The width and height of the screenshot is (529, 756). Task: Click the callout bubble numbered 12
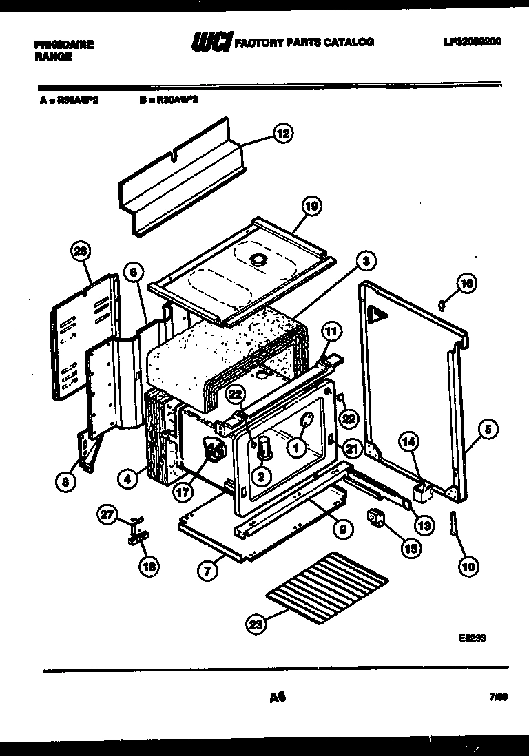pyautogui.click(x=282, y=134)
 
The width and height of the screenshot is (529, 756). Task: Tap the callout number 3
pyautogui.click(x=366, y=261)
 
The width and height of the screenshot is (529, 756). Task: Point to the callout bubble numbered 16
pyautogui.click(x=467, y=283)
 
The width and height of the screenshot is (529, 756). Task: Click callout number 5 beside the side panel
pyautogui.click(x=487, y=430)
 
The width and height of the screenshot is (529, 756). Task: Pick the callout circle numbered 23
pyautogui.click(x=256, y=625)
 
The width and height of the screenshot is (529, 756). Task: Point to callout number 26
pyautogui.click(x=81, y=253)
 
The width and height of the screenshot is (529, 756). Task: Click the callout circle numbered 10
pyautogui.click(x=468, y=567)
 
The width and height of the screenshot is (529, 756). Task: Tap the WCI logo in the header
pyautogui.click(x=211, y=43)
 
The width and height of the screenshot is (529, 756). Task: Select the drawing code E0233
pyautogui.click(x=472, y=638)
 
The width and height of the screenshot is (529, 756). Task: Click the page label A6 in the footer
pyautogui.click(x=277, y=697)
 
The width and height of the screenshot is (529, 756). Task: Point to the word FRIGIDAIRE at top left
pyautogui.click(x=63, y=45)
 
